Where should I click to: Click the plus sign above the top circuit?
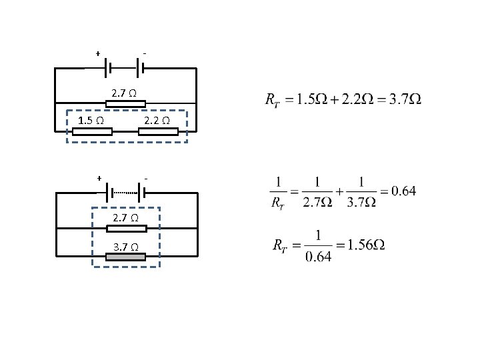click(x=98, y=53)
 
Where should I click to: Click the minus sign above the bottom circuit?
click(x=145, y=179)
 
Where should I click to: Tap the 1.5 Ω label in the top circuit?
click(x=90, y=121)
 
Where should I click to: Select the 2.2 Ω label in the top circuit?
click(x=157, y=121)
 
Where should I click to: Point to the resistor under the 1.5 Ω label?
click(x=92, y=131)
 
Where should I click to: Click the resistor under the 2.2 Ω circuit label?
click(x=158, y=131)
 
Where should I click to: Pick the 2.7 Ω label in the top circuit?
click(x=125, y=93)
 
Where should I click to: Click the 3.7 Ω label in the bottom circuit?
click(x=125, y=247)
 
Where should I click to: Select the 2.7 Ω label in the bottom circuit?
click(x=125, y=218)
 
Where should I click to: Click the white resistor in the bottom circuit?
click(x=126, y=229)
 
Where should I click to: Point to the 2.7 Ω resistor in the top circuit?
click(x=125, y=103)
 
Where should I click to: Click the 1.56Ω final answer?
click(x=368, y=245)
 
